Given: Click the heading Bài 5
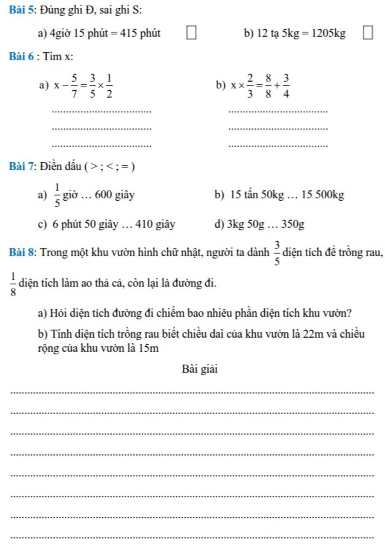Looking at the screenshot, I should tap(22, 10).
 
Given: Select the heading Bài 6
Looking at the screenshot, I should tap(21, 56).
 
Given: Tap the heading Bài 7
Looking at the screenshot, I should tap(22, 166).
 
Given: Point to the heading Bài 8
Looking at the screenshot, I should tap(22, 252).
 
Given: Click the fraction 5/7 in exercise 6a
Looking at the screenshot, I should tap(74, 86).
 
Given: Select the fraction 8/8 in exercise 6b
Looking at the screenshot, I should tap(268, 86).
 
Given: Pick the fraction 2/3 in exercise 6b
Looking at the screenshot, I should tap(250, 86).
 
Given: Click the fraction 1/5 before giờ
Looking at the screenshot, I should tap(57, 195).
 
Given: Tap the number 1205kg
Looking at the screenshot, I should tap(328, 33).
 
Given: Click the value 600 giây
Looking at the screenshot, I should tap(114, 195).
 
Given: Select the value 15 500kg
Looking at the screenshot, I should tap(323, 195).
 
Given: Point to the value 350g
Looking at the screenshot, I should tap(293, 224).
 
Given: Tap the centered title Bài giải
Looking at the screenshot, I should tap(200, 369).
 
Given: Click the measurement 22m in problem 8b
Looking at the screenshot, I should tap(313, 334).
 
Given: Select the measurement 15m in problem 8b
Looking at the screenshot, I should tap(148, 348).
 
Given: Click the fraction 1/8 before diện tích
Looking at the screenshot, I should tap(13, 284).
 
